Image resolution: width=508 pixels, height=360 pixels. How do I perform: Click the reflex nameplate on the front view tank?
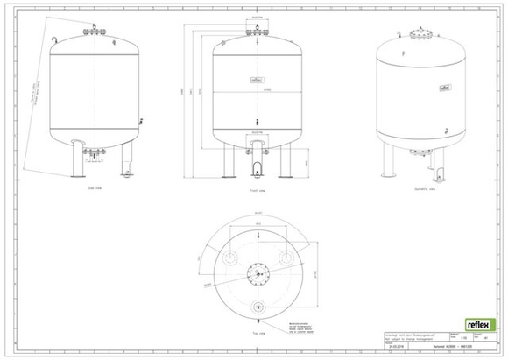pos(257,80)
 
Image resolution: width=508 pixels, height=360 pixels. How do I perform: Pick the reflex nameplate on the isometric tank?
pos(445,88)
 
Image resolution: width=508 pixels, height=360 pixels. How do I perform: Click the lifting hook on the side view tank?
pos(54,39)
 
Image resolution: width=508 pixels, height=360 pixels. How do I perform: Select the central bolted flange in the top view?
pos(258,274)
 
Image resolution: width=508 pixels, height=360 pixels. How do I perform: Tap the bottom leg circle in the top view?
pos(258,307)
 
